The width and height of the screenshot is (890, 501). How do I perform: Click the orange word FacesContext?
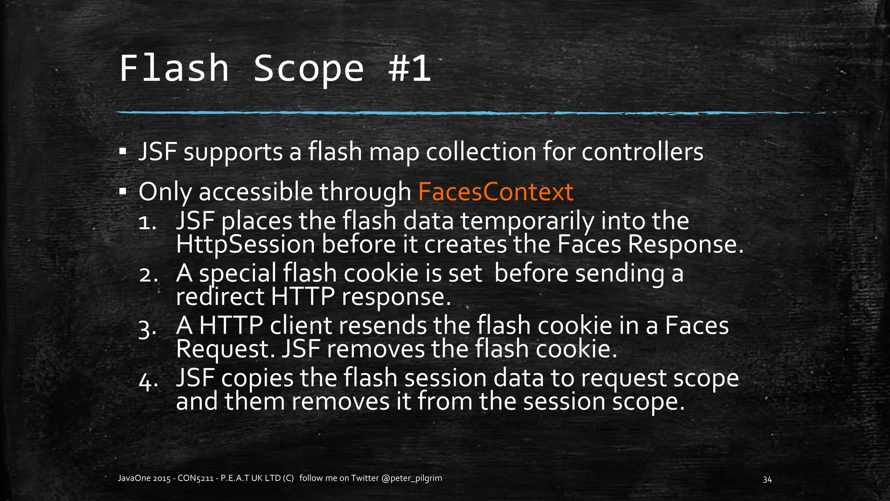pos(495,192)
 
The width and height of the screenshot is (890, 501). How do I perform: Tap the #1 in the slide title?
pos(409,69)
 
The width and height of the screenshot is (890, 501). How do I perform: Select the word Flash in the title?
pos(174,69)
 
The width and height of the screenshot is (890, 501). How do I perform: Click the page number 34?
pos(767,480)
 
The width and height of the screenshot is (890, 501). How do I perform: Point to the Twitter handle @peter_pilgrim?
pos(412,478)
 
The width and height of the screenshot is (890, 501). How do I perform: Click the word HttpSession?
pos(245,245)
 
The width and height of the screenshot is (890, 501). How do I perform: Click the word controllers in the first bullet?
pos(642,152)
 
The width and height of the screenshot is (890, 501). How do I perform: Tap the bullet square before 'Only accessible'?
pos(123,191)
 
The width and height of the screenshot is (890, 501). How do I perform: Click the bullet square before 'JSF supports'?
pos(123,152)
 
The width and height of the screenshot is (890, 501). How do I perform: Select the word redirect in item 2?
pos(220,297)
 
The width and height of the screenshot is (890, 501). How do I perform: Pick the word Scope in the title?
pos(308,69)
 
